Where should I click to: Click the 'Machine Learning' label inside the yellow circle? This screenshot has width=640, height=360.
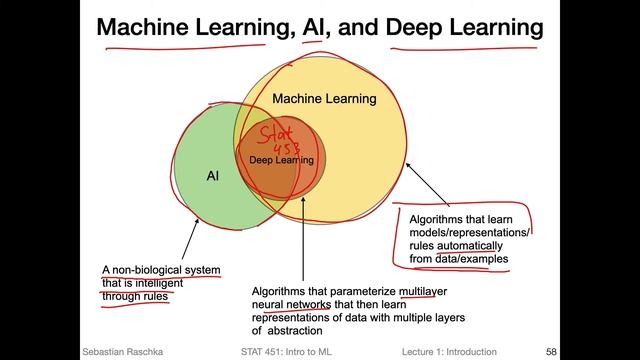(324, 99)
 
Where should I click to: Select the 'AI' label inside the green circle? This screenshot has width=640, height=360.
(213, 176)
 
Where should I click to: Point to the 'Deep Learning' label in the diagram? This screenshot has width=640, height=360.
(282, 160)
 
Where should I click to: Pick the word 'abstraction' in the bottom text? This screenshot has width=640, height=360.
(294, 330)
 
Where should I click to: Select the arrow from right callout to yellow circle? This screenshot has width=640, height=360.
(425, 191)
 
